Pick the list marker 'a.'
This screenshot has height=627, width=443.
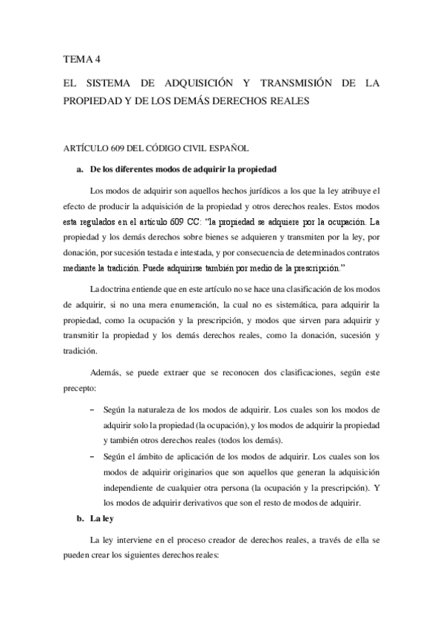[81, 169]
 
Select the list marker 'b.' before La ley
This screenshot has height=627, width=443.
[81, 520]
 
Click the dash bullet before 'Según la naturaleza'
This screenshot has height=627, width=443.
[92, 409]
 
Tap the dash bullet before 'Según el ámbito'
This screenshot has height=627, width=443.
[92, 455]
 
